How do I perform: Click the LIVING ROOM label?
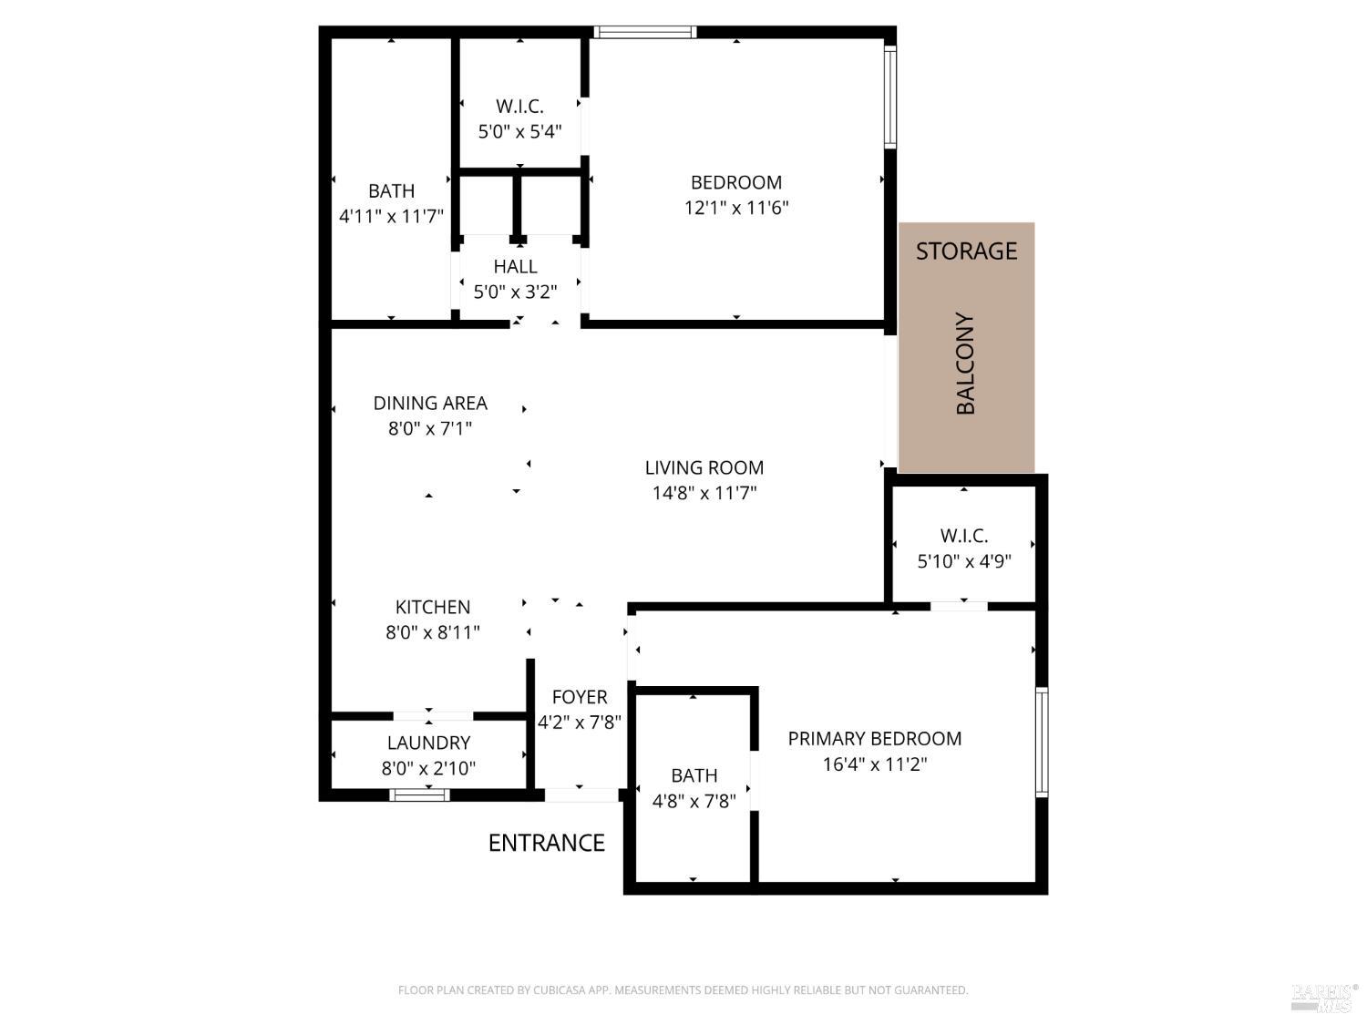point(704,467)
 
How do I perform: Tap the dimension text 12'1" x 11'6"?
point(735,208)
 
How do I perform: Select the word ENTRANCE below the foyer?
point(546,843)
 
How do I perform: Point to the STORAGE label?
point(966,251)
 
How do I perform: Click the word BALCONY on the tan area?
point(965,364)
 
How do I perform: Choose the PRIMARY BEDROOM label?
point(874,738)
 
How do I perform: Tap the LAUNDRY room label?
point(428,743)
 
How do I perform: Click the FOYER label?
point(579,697)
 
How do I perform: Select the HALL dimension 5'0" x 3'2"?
point(515,292)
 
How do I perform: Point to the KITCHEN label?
point(432,607)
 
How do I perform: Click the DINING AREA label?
point(430,403)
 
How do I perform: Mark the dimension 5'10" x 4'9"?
point(963,561)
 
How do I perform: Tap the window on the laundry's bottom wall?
point(419,794)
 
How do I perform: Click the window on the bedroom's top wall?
point(645,33)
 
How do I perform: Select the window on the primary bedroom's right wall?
point(1041,743)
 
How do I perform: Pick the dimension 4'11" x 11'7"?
point(391,217)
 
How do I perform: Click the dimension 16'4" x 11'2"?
point(874,764)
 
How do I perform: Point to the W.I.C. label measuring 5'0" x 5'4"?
point(519,107)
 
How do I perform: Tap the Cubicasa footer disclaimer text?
point(683,990)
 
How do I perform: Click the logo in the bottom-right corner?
point(1324,997)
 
